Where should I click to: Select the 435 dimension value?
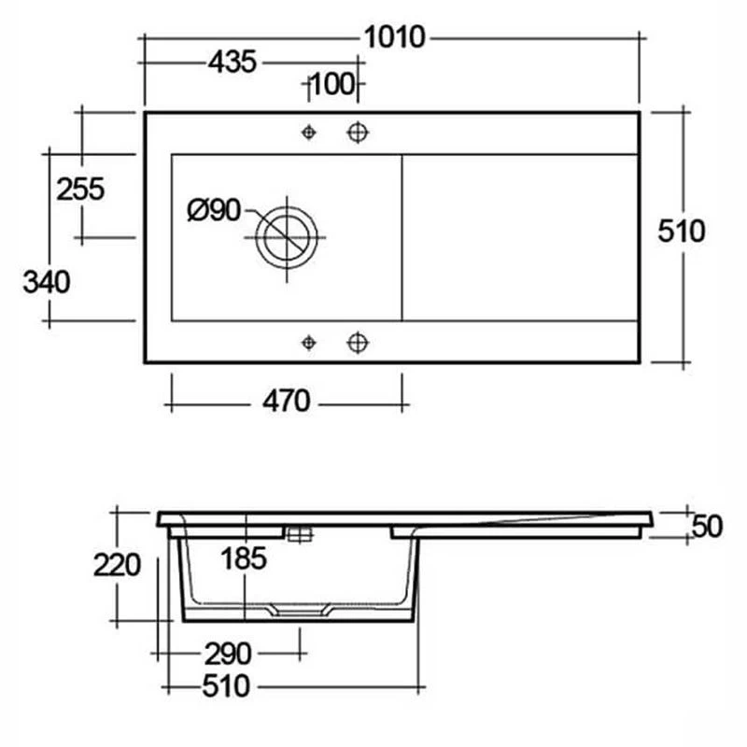click(x=232, y=63)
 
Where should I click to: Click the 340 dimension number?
click(x=47, y=281)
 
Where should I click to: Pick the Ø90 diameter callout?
click(x=214, y=211)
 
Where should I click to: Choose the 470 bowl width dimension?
click(x=286, y=402)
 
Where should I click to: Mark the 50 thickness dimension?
click(x=708, y=527)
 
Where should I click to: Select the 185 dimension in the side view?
click(x=245, y=559)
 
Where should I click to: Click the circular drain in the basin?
click(x=287, y=234)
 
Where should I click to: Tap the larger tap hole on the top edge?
click(x=356, y=133)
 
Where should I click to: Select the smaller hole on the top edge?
click(x=309, y=133)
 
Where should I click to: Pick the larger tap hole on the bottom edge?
click(x=356, y=343)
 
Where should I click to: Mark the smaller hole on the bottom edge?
click(x=309, y=343)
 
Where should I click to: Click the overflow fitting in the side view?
click(x=299, y=534)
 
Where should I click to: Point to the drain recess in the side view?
click(x=299, y=612)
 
